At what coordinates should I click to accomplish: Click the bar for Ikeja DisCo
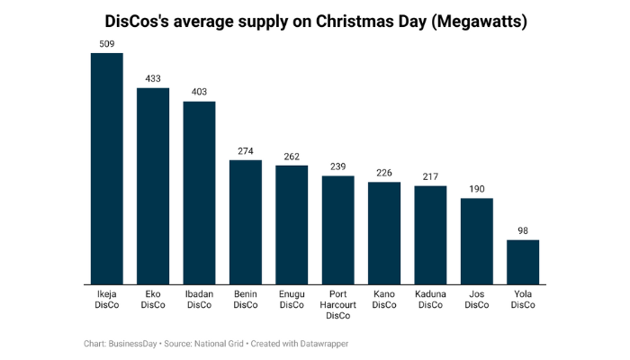[106, 168]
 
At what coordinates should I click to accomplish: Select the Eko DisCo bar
[153, 186]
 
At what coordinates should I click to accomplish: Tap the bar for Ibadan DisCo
[199, 193]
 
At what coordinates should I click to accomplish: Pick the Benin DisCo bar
[246, 222]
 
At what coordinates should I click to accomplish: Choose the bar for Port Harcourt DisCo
[337, 230]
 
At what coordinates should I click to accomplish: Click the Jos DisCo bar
[476, 241]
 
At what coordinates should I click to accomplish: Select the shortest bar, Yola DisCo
[523, 262]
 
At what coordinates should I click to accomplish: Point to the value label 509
[106, 43]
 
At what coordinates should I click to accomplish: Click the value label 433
[153, 78]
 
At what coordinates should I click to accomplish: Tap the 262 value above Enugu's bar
[292, 156]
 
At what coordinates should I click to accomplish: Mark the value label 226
[384, 173]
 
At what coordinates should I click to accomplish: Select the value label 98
[523, 230]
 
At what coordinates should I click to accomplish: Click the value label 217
[430, 176]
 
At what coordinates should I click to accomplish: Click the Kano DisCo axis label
[384, 300]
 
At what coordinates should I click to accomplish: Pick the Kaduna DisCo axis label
[430, 300]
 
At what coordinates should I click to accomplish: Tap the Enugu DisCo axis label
[292, 300]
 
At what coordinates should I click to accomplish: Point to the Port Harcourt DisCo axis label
[337, 305]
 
